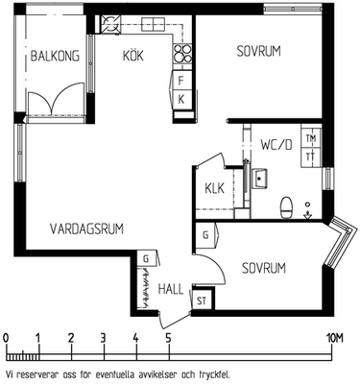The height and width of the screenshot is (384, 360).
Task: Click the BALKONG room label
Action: tap(55, 56)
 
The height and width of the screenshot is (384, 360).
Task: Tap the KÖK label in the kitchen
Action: tap(133, 56)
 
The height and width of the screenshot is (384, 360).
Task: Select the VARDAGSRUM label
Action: tap(86, 229)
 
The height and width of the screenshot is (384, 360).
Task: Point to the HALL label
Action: tap(171, 289)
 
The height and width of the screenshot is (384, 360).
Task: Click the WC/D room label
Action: tap(276, 145)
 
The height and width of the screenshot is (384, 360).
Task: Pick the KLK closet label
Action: tap(215, 188)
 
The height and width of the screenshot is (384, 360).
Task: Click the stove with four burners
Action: tap(182, 53)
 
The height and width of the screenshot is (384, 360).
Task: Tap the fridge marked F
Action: tap(181, 81)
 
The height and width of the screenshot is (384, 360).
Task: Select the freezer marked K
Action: tap(181, 100)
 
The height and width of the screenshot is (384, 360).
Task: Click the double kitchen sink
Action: tap(153, 24)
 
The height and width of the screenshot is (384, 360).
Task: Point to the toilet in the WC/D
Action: tap(286, 207)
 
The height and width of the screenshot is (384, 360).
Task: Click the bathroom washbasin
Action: tap(259, 178)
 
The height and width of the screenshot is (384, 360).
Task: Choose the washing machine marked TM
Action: tap(311, 138)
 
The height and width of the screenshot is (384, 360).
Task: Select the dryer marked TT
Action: tap(311, 157)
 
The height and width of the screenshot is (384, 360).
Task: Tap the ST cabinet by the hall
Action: tap(202, 301)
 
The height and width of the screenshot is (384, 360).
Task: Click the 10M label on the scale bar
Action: tap(334, 338)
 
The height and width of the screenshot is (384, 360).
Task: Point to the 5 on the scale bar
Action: tap(168, 338)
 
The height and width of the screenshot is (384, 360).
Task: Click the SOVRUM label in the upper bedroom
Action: tap(258, 51)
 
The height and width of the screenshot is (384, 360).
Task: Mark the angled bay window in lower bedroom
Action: tap(340, 242)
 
